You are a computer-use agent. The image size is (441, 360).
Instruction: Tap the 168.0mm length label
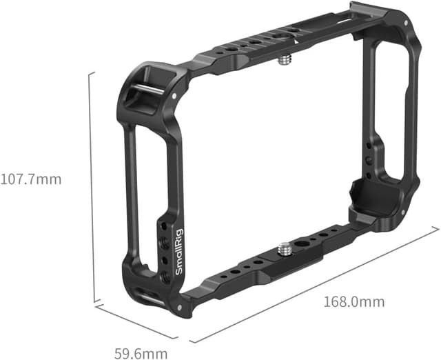(x=355, y=302)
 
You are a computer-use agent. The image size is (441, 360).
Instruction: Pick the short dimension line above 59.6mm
(x=136, y=321)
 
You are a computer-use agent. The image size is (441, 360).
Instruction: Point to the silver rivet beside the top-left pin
(x=176, y=97)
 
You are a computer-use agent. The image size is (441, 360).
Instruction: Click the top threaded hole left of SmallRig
(x=163, y=228)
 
